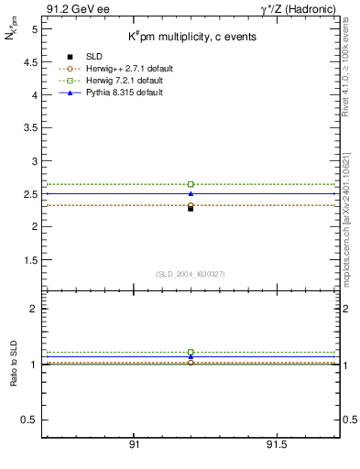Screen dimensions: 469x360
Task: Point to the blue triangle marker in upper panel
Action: (x=191, y=193)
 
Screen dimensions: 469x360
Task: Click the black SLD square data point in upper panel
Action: (x=191, y=208)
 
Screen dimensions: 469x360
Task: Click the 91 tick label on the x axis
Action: (x=135, y=445)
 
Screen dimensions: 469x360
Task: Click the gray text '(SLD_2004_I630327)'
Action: (x=191, y=274)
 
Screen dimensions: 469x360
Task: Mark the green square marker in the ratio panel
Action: (x=191, y=352)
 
